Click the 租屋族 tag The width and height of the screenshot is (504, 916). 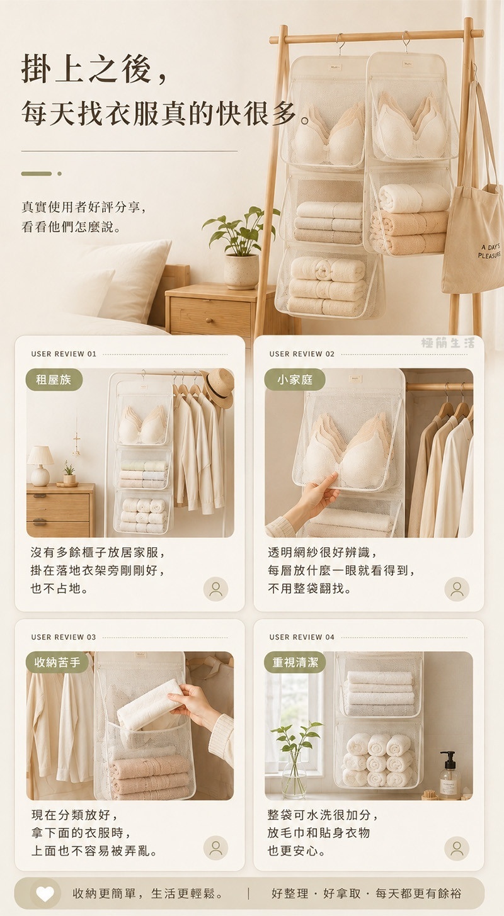click(x=54, y=380)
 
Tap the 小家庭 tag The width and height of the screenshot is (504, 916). click(x=295, y=380)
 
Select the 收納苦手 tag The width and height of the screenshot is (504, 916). click(x=57, y=662)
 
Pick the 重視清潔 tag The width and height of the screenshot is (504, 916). click(x=295, y=662)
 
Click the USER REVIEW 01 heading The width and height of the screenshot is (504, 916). click(x=64, y=354)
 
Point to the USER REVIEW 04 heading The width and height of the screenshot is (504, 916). click(x=302, y=637)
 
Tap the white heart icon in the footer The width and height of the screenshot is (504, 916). click(x=45, y=893)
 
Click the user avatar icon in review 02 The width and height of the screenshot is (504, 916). click(x=457, y=589)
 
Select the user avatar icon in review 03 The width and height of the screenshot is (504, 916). click(x=215, y=848)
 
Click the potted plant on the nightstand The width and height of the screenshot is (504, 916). click(x=241, y=248)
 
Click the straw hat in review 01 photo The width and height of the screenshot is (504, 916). click(x=217, y=388)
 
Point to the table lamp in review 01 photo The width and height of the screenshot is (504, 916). click(x=40, y=466)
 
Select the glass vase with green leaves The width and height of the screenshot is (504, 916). click(x=295, y=761)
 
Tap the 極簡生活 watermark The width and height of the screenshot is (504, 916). click(x=448, y=342)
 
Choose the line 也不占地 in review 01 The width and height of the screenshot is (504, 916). click(x=59, y=589)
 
